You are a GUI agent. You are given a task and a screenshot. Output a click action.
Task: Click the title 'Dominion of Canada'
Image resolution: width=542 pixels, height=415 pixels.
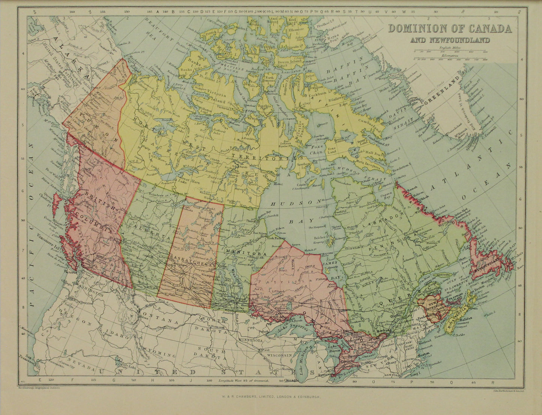click(450, 29)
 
